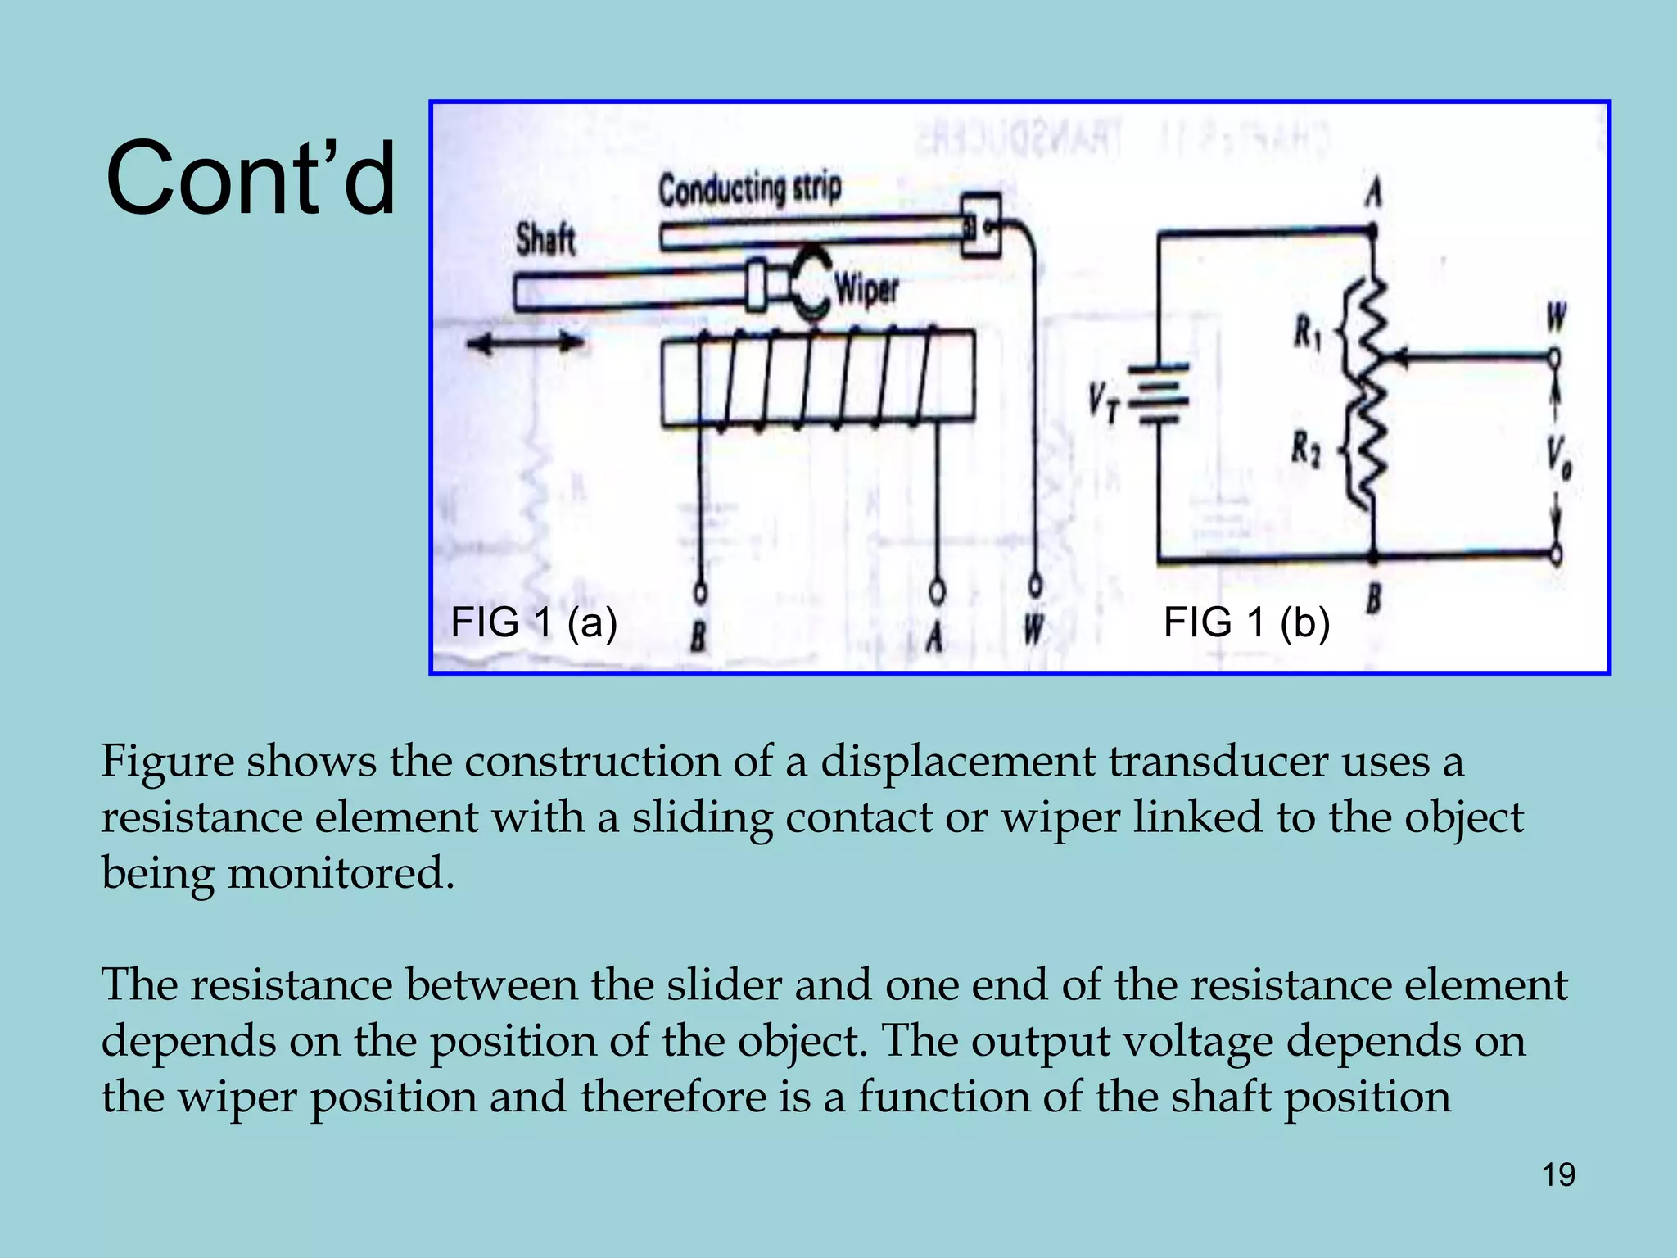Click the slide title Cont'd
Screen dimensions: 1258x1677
click(251, 179)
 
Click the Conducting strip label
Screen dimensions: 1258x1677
click(749, 188)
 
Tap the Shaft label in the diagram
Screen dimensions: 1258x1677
click(545, 241)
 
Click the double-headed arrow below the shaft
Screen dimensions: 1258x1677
click(525, 343)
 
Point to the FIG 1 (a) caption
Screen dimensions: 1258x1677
click(534, 622)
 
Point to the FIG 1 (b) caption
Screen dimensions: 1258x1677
click(1246, 622)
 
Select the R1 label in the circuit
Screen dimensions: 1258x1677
click(1307, 333)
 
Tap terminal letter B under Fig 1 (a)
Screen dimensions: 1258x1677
click(698, 636)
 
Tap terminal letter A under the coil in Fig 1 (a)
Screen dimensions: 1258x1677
click(935, 636)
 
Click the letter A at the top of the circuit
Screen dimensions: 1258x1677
click(1373, 194)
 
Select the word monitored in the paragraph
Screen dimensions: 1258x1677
click(340, 873)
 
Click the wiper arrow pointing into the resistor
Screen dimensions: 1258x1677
click(1408, 358)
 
